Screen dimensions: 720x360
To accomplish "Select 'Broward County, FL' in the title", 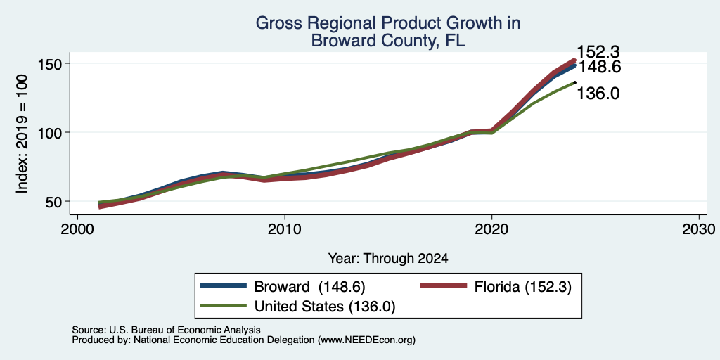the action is (388, 40).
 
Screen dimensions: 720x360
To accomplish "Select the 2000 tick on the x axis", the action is (77, 229).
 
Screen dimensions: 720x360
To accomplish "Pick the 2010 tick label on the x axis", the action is (285, 229).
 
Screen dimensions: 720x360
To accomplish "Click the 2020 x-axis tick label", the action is (491, 229).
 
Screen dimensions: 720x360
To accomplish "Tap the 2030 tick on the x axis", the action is (699, 229).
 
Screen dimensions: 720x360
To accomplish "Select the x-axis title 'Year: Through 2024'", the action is (388, 259).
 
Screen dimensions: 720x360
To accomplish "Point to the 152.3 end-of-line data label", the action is (598, 51).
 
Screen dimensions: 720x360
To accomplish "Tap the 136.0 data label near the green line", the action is (598, 94).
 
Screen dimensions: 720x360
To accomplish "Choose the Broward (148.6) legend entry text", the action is (309, 287).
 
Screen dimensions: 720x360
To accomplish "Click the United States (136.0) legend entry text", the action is (325, 307).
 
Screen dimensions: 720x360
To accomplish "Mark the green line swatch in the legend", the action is (223, 306).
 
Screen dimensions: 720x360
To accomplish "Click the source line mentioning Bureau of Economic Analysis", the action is (166, 330).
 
